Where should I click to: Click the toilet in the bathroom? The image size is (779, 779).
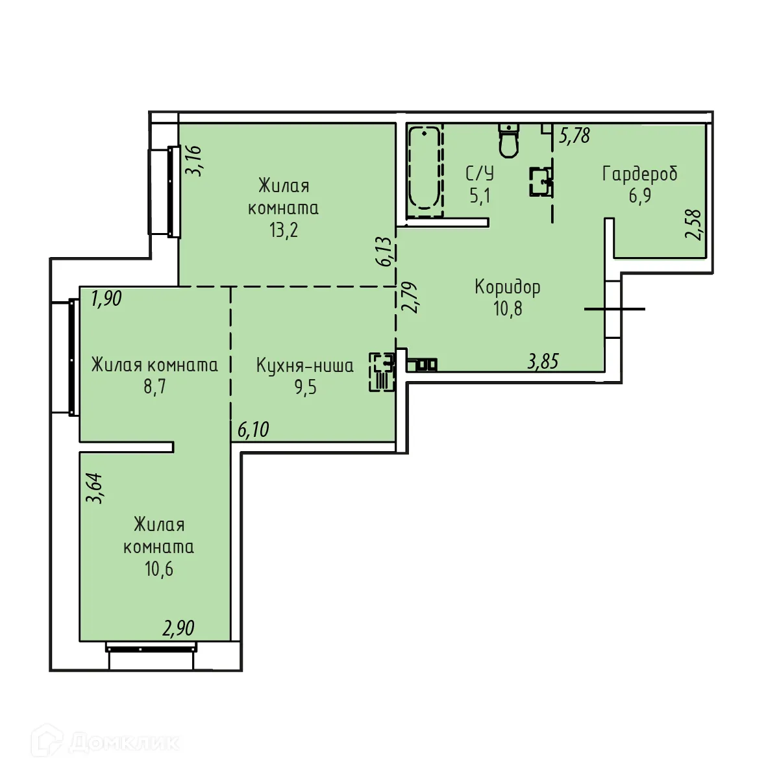pos(509,140)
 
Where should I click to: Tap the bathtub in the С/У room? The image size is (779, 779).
pos(425,168)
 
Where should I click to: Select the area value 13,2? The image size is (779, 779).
pos(284,230)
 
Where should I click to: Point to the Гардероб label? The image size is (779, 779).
pos(639,174)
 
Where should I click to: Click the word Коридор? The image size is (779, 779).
pos(508,286)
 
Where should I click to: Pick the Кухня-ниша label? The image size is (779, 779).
pos(304,365)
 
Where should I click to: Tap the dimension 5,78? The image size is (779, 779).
pos(575,135)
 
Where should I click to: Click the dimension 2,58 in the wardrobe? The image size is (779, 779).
pos(694,225)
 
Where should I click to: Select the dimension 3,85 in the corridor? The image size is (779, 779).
pos(543,362)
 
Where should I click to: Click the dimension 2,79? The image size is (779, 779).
pos(410,297)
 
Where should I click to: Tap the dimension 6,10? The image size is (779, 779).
pos(253,430)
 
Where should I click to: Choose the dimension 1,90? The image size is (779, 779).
pos(106,299)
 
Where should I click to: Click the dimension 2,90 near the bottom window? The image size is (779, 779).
pos(179,628)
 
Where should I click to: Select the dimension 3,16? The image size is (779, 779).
pos(193,160)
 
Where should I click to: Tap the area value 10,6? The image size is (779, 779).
pos(159,569)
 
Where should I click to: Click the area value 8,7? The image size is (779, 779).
pos(155,388)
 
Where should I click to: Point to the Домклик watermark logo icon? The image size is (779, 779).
pos(51,741)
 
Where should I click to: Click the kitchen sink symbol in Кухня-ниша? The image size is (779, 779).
pos(382,363)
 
